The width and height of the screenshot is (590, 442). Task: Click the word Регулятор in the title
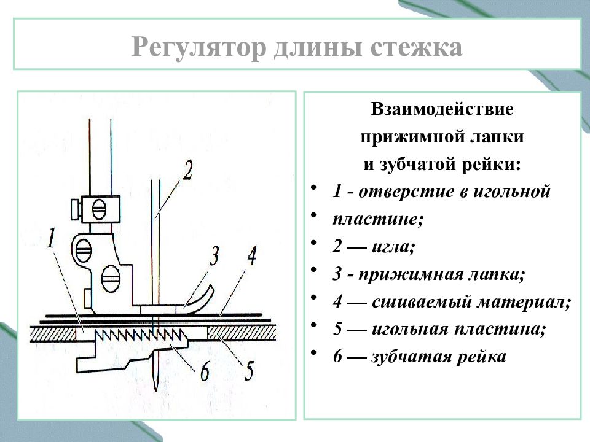click(199, 47)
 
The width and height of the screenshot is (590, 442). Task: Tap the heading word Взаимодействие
click(442, 109)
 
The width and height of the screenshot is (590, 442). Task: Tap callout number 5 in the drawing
click(249, 371)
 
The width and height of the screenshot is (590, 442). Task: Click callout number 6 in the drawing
click(205, 371)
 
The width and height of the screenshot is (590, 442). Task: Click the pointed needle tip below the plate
click(155, 390)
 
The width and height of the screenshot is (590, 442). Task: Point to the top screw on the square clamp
click(100, 209)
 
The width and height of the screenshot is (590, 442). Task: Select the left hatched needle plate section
click(53, 334)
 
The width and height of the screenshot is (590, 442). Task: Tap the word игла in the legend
click(393, 247)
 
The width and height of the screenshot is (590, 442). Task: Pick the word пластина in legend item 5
click(500, 329)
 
